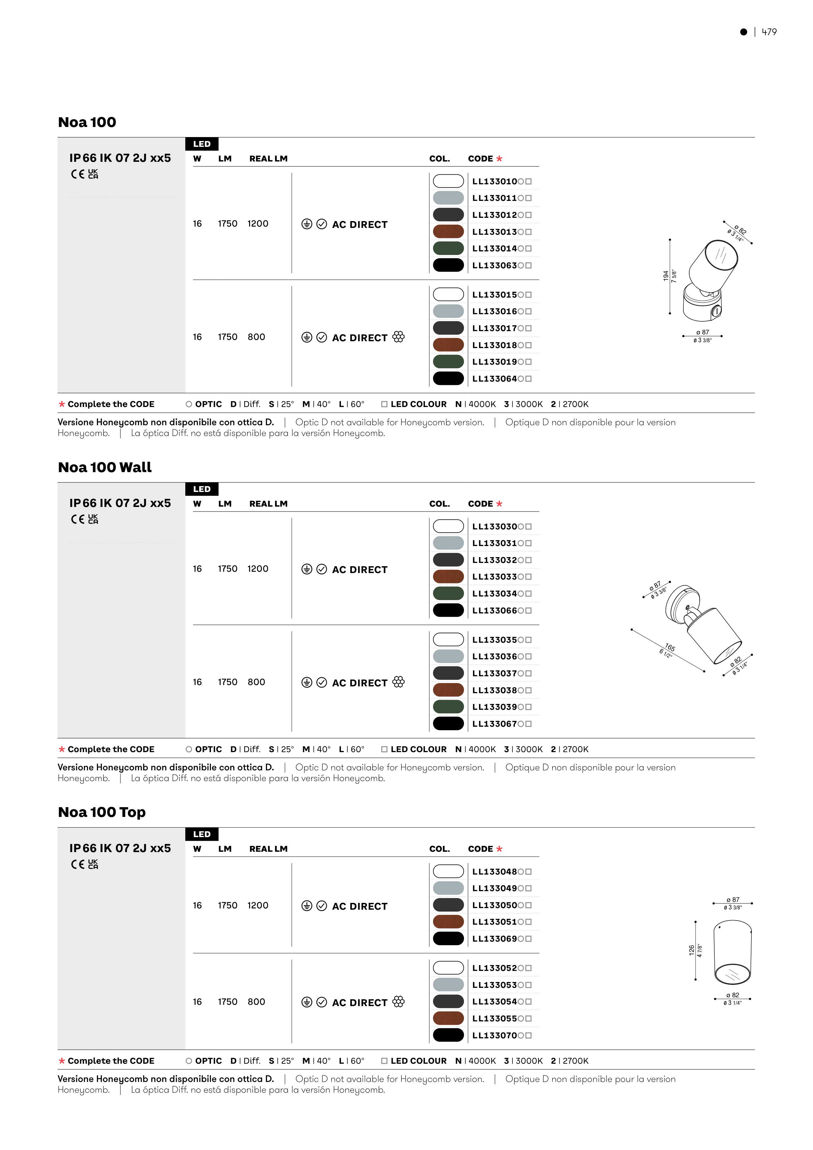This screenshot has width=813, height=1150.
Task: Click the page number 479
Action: [x=769, y=32]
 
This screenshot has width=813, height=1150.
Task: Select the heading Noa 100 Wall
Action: [x=105, y=467]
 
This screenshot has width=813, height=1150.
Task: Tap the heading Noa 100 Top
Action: [x=102, y=812]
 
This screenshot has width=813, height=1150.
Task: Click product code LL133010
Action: [x=495, y=181]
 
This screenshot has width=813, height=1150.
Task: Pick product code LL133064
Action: [x=495, y=379]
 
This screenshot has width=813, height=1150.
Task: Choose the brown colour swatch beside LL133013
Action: [x=448, y=231]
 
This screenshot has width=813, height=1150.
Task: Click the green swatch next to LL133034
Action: [x=448, y=594]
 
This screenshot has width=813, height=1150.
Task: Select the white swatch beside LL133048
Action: [x=448, y=872]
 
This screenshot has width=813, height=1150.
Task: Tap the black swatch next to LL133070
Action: [x=448, y=1035]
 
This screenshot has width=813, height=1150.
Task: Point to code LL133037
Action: [x=495, y=673]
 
